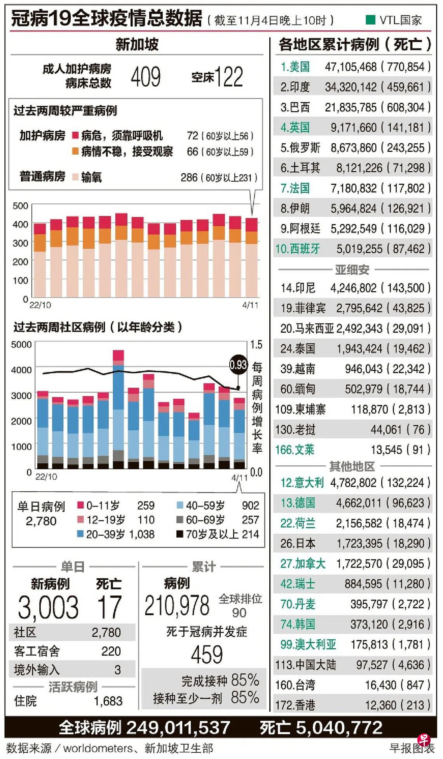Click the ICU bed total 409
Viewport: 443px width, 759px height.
pos(146,77)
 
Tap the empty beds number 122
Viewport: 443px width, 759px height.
pos(228,77)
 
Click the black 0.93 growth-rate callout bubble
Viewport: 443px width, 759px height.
pos(238,365)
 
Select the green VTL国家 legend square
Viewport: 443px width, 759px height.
pos(370,19)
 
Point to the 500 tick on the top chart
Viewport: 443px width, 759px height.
pos(20,206)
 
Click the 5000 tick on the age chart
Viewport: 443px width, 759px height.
pos(21,345)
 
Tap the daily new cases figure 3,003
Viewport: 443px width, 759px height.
pos(48,607)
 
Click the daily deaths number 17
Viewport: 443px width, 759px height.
pos(110,607)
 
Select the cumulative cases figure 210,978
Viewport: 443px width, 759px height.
pos(177,606)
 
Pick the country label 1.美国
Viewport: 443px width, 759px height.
pos(295,67)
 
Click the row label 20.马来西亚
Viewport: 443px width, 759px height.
pos(307,329)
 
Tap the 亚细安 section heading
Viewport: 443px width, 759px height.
pos(352,270)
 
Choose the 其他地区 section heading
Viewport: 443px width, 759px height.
pos(352,466)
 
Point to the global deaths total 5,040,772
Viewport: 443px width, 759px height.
pos(339,728)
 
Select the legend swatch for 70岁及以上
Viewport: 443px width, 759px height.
pos(180,534)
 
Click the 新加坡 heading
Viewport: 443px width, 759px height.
pos(137,45)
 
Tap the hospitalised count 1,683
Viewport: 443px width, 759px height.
pos(108,701)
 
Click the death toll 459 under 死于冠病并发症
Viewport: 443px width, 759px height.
pos(207,655)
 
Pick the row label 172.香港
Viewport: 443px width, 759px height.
pos(295,705)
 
